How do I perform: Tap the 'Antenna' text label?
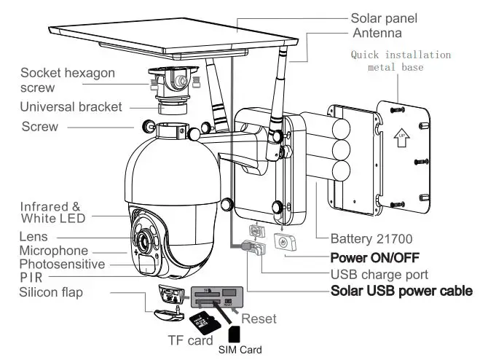[378, 34]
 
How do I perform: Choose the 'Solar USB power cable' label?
[401, 291]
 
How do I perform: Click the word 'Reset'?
[259, 318]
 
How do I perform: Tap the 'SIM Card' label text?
[241, 350]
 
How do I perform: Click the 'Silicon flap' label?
[52, 292]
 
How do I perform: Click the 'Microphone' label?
[55, 250]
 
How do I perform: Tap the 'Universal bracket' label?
[71, 107]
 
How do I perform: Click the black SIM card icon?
[235, 334]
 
